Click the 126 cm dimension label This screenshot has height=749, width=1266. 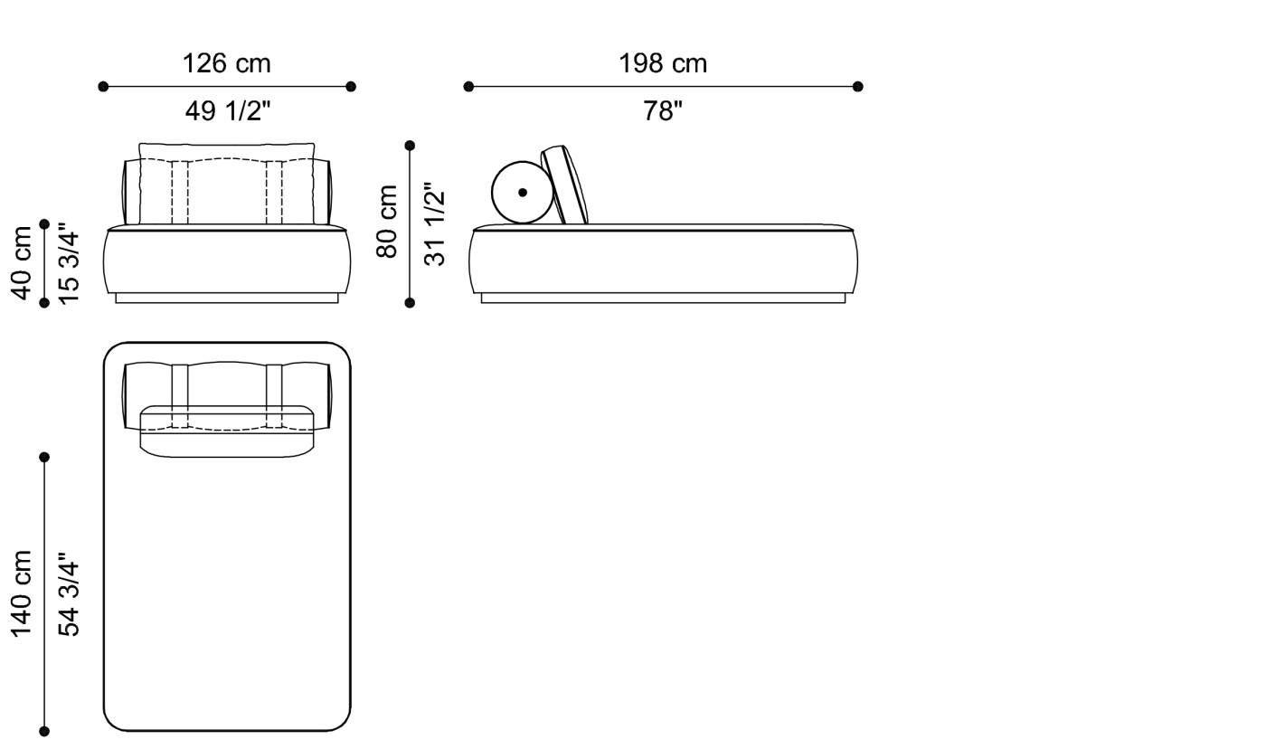pyautogui.click(x=226, y=63)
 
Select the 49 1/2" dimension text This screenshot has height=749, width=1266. pyautogui.click(x=227, y=111)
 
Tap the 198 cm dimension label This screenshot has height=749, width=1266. pyautogui.click(x=663, y=63)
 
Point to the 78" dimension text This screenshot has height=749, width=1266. pyautogui.click(x=663, y=111)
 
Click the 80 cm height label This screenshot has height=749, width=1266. pyautogui.click(x=387, y=222)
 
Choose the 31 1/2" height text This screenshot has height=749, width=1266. pyautogui.click(x=435, y=225)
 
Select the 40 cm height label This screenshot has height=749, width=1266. pyautogui.click(x=22, y=262)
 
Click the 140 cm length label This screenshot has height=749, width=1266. pyautogui.click(x=22, y=593)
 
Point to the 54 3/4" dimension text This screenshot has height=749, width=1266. pyautogui.click(x=69, y=594)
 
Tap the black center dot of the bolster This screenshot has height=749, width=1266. pyautogui.click(x=523, y=193)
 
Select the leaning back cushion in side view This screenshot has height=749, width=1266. pyautogui.click(x=565, y=185)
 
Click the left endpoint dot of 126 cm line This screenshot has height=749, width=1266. pyautogui.click(x=103, y=87)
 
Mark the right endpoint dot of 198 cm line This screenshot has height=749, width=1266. pyautogui.click(x=858, y=87)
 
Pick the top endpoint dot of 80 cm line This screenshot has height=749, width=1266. pyautogui.click(x=410, y=146)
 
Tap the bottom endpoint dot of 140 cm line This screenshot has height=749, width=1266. pyautogui.click(x=44, y=731)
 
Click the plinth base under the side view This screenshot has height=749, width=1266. pyautogui.click(x=663, y=298)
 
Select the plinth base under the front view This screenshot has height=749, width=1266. pyautogui.click(x=226, y=298)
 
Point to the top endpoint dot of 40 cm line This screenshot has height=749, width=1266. pyautogui.click(x=44, y=224)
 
